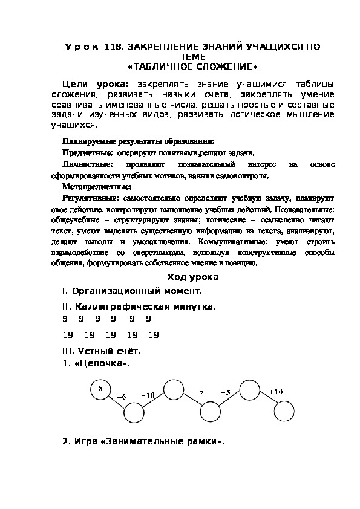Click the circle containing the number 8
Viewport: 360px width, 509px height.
100,389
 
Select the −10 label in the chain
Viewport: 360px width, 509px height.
148,395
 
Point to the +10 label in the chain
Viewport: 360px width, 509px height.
276,392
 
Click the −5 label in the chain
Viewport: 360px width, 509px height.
226,393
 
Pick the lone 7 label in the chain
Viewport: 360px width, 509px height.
200,393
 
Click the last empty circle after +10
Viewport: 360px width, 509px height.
284,412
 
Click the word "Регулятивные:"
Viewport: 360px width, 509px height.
91,198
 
